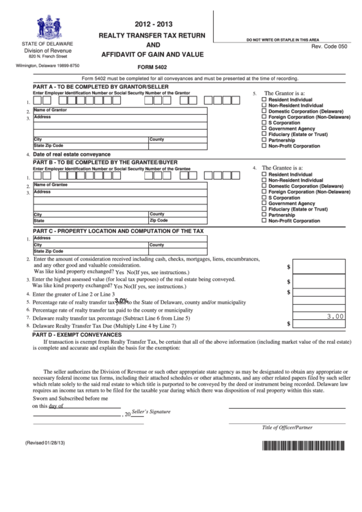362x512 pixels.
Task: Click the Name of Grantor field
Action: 120,111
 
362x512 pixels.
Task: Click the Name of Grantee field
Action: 120,185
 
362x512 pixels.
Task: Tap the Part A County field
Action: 178,140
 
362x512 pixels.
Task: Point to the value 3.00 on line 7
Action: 335,316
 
